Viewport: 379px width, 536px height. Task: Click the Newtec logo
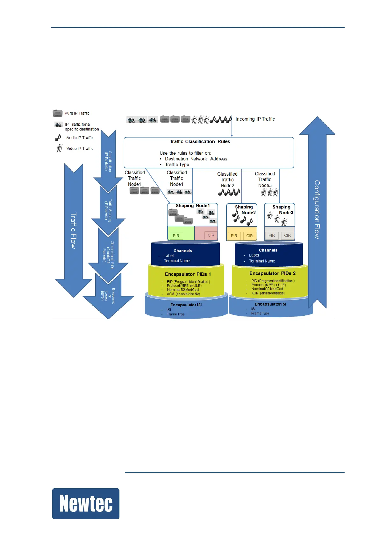[86, 504]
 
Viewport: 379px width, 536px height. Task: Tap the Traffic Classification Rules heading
[200, 142]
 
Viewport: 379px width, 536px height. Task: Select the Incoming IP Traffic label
[255, 119]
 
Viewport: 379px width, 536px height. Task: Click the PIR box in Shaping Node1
[176, 236]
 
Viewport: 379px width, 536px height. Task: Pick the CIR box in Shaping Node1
[211, 235]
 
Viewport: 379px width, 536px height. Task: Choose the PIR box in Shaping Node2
[234, 236]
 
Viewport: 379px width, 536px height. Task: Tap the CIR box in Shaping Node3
[287, 236]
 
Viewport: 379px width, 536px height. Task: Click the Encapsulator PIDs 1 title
[188, 274]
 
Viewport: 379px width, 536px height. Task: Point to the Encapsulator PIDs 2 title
[272, 273]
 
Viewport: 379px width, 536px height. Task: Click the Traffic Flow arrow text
[74, 230]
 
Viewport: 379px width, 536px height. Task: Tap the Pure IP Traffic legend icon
[58, 113]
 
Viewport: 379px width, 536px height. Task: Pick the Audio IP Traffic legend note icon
[58, 138]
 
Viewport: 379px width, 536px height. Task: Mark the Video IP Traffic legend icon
[59, 148]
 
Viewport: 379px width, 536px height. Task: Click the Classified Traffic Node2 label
[227, 180]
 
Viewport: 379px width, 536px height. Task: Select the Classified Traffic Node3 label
[265, 179]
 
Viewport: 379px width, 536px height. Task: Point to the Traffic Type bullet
[177, 165]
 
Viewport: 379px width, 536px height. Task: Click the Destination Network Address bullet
[196, 159]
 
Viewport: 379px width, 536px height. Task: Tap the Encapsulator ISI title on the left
[186, 305]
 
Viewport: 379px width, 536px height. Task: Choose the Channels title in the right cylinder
[268, 250]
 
